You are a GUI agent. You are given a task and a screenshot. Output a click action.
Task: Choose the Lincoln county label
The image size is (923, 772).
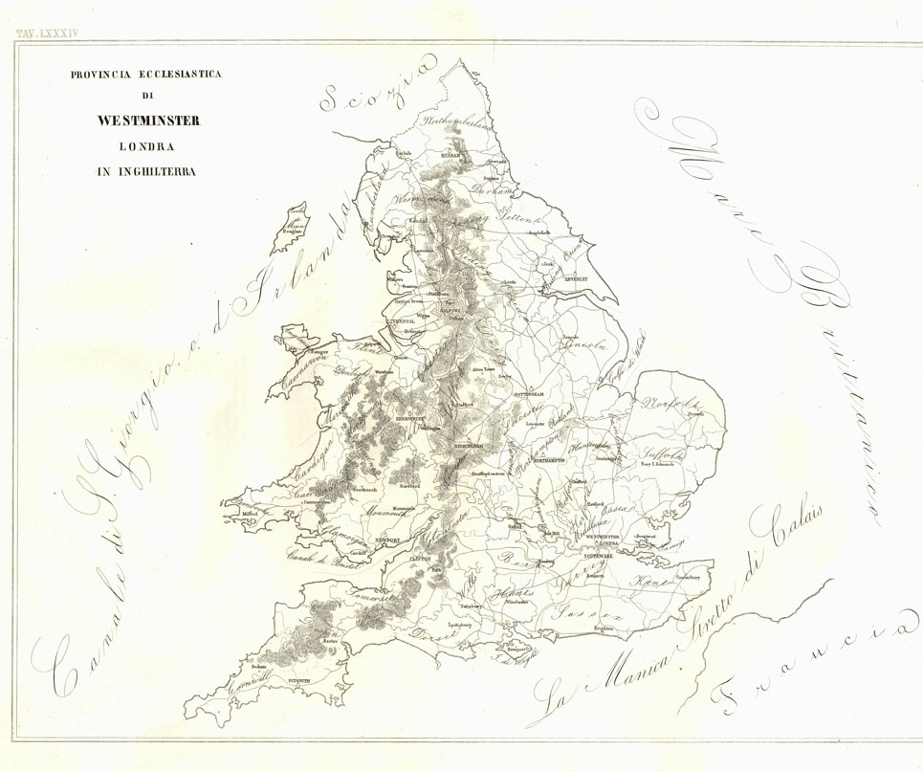[x=585, y=344]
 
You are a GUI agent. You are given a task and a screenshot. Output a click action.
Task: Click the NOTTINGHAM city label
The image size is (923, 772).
[x=524, y=393]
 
